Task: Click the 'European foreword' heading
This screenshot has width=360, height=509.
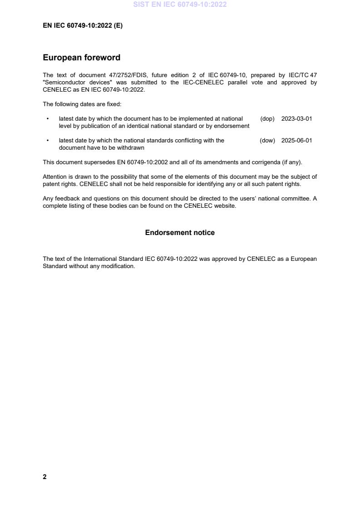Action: (81, 58)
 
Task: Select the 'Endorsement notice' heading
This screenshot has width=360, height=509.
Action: (180, 233)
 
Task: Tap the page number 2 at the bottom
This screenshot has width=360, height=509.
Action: (44, 477)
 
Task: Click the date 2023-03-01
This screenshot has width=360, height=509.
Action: (296, 119)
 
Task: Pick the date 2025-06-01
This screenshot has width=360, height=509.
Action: (296, 141)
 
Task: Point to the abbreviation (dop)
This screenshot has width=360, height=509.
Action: (267, 119)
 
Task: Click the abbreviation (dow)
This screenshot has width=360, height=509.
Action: (267, 141)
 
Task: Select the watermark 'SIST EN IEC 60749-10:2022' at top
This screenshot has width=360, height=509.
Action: (180, 5)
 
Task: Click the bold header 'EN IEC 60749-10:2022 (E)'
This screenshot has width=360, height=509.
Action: (83, 26)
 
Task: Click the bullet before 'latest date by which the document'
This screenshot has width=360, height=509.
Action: (48, 119)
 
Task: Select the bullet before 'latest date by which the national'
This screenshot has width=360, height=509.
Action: (48, 141)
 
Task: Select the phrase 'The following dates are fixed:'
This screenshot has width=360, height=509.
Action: (82, 104)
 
